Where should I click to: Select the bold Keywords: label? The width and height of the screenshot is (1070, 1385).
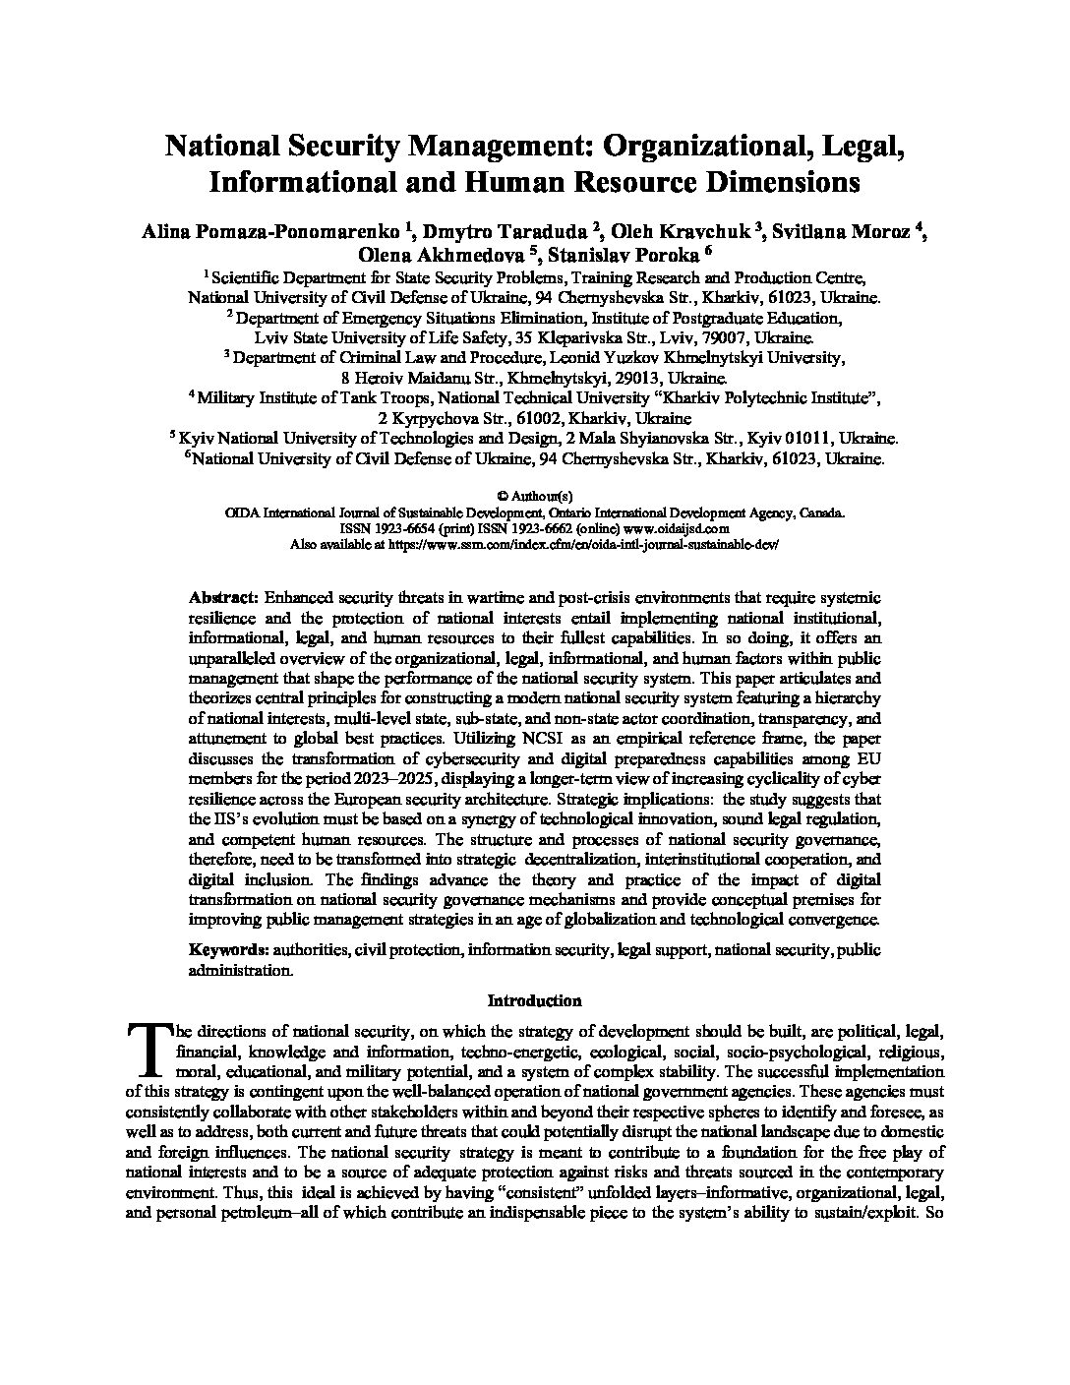coord(228,949)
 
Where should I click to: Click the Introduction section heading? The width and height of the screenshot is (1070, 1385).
coord(535,1001)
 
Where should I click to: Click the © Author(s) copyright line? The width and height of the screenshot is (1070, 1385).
coord(535,497)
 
